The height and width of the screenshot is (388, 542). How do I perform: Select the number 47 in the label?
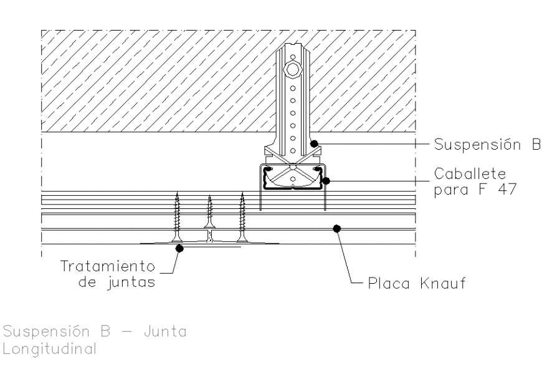505,190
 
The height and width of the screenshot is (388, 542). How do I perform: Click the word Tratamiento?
107,266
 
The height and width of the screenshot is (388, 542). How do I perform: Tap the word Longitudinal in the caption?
50,349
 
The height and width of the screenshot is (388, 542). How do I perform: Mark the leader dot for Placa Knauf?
336,228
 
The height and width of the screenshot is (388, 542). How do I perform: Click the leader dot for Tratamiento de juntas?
179,248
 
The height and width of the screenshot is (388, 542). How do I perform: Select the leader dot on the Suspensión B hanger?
315,143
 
